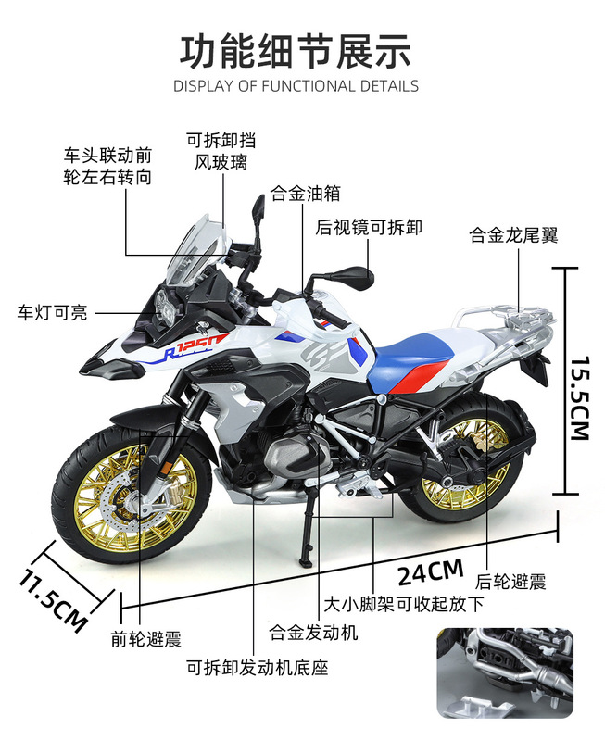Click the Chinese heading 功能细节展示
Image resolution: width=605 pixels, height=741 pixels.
(296, 50)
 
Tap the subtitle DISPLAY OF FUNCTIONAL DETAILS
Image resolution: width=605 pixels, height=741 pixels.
(296, 86)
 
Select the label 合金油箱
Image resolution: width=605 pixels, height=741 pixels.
(305, 195)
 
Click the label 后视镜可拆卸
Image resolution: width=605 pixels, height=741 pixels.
(369, 227)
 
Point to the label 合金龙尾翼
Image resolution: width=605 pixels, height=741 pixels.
(513, 235)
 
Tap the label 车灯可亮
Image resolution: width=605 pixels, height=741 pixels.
(53, 313)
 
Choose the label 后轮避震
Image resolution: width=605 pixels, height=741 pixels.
(510, 582)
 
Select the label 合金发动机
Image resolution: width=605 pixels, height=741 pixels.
(313, 634)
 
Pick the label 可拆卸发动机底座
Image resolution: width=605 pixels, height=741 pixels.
(258, 667)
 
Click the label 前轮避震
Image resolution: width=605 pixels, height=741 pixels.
(145, 638)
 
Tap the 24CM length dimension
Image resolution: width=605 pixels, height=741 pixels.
(430, 572)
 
